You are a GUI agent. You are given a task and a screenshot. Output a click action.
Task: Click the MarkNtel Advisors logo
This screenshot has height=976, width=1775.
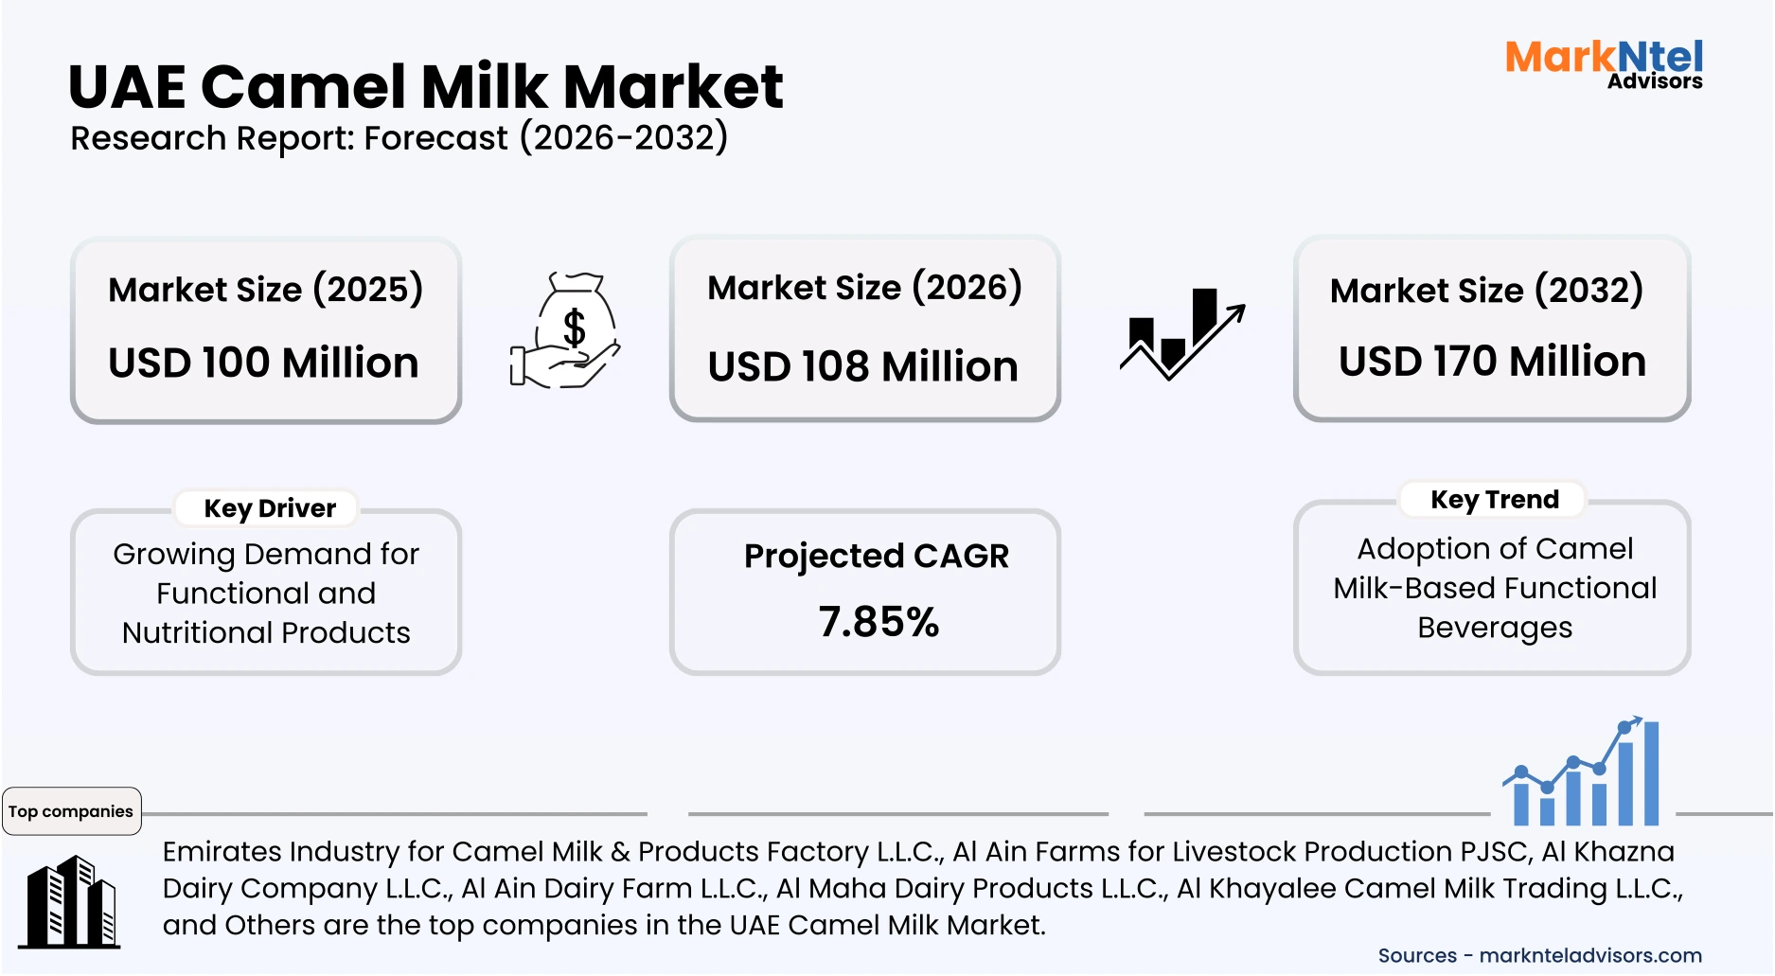pos(1604,63)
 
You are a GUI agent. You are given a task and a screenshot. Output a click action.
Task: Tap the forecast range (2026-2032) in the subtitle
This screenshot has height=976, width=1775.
pos(624,138)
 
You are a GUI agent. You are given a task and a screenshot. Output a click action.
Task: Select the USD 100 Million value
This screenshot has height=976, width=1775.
pos(263,363)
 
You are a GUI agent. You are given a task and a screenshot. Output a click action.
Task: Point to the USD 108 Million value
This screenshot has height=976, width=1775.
pos(862,366)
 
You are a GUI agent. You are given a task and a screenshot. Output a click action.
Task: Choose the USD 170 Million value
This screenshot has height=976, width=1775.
pos(1492,362)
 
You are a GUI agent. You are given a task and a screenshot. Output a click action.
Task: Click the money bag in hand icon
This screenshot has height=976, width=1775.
pos(565,330)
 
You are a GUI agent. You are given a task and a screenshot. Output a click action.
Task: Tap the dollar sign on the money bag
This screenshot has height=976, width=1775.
pos(574,328)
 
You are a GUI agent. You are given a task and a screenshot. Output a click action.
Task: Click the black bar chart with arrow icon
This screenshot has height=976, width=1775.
pos(1181,334)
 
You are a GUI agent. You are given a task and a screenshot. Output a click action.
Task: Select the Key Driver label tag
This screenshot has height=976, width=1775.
pos(270,508)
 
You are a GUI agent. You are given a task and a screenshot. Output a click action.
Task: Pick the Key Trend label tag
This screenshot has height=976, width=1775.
pos(1494,500)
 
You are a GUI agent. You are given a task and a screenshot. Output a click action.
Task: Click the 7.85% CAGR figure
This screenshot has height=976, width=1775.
pos(879,622)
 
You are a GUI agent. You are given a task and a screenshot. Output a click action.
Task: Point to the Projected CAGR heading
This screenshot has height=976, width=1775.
pos(876,556)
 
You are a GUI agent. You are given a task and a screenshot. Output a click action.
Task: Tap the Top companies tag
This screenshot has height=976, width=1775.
pos(71,811)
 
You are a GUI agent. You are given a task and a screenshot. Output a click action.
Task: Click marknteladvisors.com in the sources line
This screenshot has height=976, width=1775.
pos(1589,955)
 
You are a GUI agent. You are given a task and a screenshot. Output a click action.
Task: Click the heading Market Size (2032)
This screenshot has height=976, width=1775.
pos(1486,290)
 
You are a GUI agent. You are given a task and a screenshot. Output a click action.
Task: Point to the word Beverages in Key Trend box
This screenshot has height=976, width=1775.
pos(1494,628)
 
